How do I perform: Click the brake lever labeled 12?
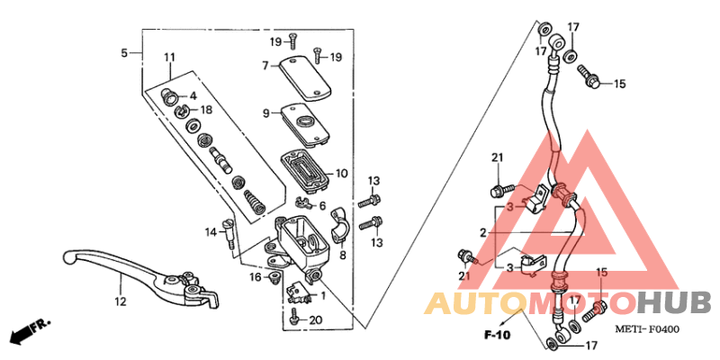pos(135,270)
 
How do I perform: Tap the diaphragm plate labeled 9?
pos(304,121)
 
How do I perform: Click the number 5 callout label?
pos(124,53)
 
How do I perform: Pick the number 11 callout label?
pos(168,58)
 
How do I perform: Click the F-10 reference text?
pos(497,336)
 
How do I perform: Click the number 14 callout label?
pos(211,233)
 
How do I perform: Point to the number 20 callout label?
pos(314,320)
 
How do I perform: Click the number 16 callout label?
pos(256,277)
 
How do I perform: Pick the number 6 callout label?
pos(322,206)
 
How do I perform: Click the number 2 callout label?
pos(483,232)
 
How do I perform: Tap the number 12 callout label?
pos(119,302)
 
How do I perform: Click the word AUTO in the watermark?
pos(476,302)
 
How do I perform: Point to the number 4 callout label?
pos(193,95)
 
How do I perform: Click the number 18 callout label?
pos(206,110)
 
